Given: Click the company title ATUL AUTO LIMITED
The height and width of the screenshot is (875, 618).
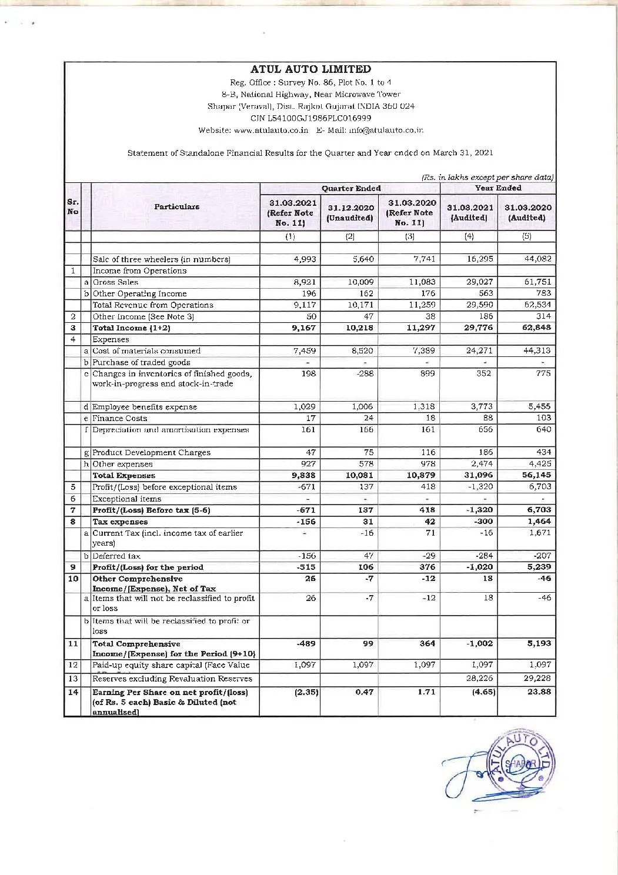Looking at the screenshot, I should pos(310,69).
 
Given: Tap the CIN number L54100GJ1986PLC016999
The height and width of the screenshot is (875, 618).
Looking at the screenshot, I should pos(310,118).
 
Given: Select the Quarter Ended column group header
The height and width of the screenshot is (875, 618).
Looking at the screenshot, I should pos(350,189).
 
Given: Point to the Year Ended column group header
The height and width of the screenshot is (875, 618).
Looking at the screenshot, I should pos(497,188).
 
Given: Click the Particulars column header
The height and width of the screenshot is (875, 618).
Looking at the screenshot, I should pos(176,207).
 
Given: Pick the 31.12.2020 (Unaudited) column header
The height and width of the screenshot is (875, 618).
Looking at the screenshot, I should pos(350,213).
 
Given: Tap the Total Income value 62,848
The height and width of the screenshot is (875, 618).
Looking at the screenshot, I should pos(536,328).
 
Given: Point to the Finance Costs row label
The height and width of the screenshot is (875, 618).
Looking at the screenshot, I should pos(120,419).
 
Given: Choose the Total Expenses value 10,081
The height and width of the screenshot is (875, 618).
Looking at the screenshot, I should pos(360,476).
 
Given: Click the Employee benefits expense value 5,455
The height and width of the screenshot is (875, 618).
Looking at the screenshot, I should pos(540,407).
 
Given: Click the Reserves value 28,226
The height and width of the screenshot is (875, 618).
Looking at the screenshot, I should pos(480,679).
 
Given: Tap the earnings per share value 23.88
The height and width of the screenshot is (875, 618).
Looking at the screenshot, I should pos(539,692).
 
